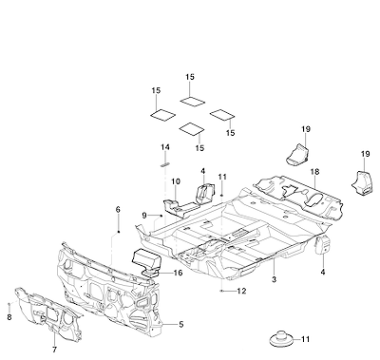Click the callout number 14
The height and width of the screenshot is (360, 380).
pyautogui.click(x=165, y=147)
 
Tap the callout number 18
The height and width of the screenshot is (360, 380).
pyautogui.click(x=315, y=172)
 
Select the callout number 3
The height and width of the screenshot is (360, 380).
pyautogui.click(x=274, y=279)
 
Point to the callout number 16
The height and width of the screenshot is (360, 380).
pyautogui.click(x=179, y=273)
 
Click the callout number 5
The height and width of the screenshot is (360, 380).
pyautogui.click(x=180, y=325)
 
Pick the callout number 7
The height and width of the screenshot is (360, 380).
pyautogui.click(x=118, y=209)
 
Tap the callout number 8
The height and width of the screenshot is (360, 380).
pyautogui.click(x=54, y=350)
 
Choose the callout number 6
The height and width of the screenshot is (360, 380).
pyautogui.click(x=9, y=317)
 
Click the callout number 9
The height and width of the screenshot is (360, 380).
pyautogui.click(x=144, y=216)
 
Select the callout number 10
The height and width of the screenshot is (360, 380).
pyautogui.click(x=176, y=181)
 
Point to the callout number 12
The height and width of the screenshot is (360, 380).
pyautogui.click(x=241, y=291)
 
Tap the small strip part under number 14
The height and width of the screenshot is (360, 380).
pyautogui.click(x=165, y=164)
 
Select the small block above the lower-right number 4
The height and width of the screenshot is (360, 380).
pyautogui.click(x=323, y=245)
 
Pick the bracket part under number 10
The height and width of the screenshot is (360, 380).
pyautogui.click(x=180, y=207)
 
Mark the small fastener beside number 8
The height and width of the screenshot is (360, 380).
pyautogui.click(x=9, y=305)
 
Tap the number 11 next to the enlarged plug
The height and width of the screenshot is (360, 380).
pyautogui.click(x=305, y=339)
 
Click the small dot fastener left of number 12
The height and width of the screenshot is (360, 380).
pyautogui.click(x=222, y=291)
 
